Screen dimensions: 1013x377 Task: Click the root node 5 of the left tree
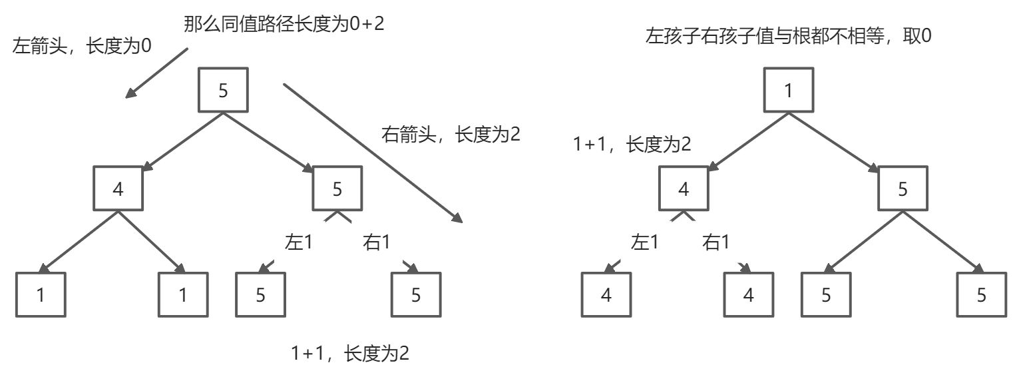(x=223, y=90)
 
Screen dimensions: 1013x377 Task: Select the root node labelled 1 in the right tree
(x=789, y=90)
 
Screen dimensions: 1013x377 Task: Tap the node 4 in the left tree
(x=118, y=189)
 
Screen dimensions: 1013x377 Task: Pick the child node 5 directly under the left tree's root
(x=337, y=189)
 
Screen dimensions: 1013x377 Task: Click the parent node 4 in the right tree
(x=684, y=189)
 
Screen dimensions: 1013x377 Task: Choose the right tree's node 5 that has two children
(x=903, y=189)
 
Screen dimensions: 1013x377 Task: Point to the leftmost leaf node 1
(x=41, y=294)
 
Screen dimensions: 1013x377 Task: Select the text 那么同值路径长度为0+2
(x=284, y=25)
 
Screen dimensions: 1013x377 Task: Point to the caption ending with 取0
(x=787, y=37)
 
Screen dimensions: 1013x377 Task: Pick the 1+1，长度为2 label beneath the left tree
(x=349, y=353)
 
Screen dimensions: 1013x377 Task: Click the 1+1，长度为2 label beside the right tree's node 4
(x=632, y=145)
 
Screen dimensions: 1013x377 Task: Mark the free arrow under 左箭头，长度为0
(x=157, y=73)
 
